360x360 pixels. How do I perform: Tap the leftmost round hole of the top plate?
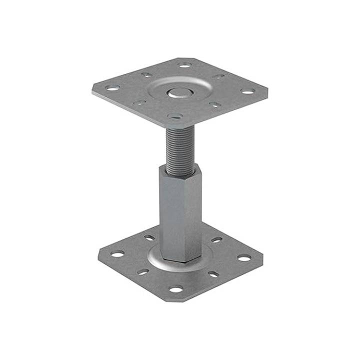click(112, 88)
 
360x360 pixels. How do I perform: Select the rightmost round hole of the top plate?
click(247, 91)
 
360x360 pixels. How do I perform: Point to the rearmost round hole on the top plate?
click(184, 65)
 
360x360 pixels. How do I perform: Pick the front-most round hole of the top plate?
click(175, 116)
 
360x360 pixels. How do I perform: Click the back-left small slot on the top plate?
click(146, 75)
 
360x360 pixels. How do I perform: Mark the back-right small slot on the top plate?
click(218, 76)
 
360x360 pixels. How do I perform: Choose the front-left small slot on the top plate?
click(139, 102)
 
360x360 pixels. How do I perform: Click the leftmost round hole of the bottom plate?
click(117, 254)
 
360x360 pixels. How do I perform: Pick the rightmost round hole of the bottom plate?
click(244, 257)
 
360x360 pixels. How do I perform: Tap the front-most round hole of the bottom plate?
click(175, 289)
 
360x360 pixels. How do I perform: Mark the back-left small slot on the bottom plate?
click(149, 237)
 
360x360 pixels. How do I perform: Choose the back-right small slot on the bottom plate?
click(216, 240)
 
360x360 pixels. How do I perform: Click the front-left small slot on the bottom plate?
click(143, 272)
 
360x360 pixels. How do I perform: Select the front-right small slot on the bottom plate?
click(213, 274)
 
